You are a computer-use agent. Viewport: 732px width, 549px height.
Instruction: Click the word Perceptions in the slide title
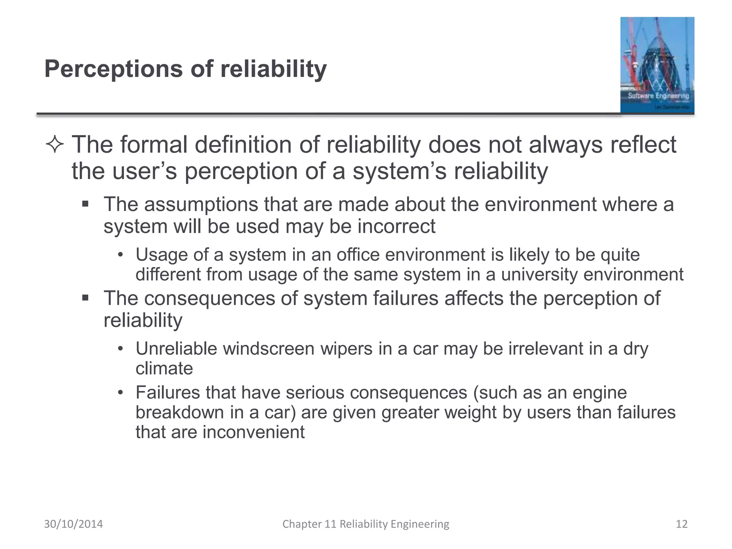113,69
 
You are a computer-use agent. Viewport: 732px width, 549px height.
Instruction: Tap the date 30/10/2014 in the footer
73,524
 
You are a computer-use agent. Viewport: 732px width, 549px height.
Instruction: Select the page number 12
682,524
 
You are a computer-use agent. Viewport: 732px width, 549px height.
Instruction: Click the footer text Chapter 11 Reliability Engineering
366,524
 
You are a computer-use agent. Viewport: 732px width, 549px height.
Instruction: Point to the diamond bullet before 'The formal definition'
55,145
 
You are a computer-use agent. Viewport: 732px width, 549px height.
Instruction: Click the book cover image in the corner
657,65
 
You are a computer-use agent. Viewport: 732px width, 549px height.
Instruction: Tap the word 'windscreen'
268,348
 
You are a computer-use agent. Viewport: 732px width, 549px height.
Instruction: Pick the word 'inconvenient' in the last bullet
253,432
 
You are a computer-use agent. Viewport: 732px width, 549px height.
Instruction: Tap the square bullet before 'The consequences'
85,298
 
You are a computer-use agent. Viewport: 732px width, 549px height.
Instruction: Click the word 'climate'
164,369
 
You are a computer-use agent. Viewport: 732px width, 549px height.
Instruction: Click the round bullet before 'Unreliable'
120,348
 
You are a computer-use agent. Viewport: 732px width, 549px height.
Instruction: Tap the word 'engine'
599,393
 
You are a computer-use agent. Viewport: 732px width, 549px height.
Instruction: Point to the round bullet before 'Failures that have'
120,393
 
